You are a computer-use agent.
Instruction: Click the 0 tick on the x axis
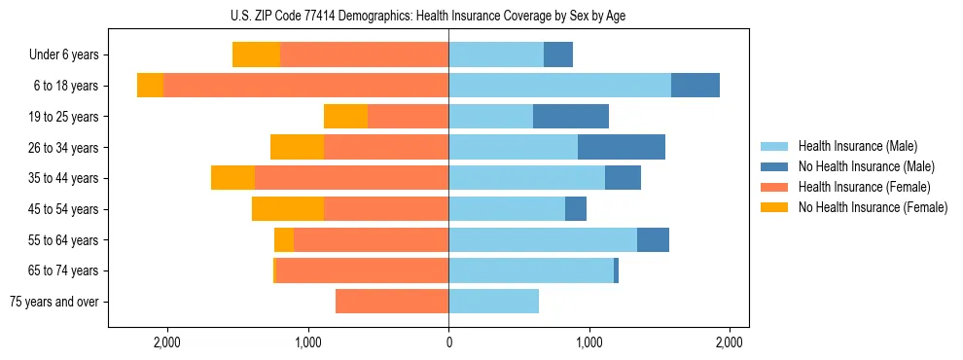click(x=448, y=342)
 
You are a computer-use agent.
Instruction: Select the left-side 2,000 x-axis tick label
click(x=166, y=342)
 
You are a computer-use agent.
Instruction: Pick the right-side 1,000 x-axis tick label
click(x=588, y=342)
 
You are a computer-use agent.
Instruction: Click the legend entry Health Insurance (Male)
click(x=856, y=146)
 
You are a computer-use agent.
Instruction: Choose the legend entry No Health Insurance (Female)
click(x=873, y=207)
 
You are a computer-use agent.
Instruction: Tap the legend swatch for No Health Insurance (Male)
click(x=774, y=166)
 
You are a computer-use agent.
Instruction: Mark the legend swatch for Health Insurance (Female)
click(x=774, y=187)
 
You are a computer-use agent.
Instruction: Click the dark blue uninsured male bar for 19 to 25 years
click(x=571, y=117)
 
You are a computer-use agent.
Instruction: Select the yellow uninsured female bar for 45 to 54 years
click(x=288, y=209)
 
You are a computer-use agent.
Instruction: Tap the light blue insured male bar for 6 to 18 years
click(x=559, y=86)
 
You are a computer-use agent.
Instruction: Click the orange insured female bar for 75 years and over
click(x=392, y=302)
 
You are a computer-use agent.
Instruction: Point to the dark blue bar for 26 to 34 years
click(x=622, y=148)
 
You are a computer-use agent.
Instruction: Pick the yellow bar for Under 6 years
click(x=257, y=54)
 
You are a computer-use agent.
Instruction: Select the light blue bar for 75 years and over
click(x=493, y=302)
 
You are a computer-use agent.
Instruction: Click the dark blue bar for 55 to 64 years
click(x=653, y=240)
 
